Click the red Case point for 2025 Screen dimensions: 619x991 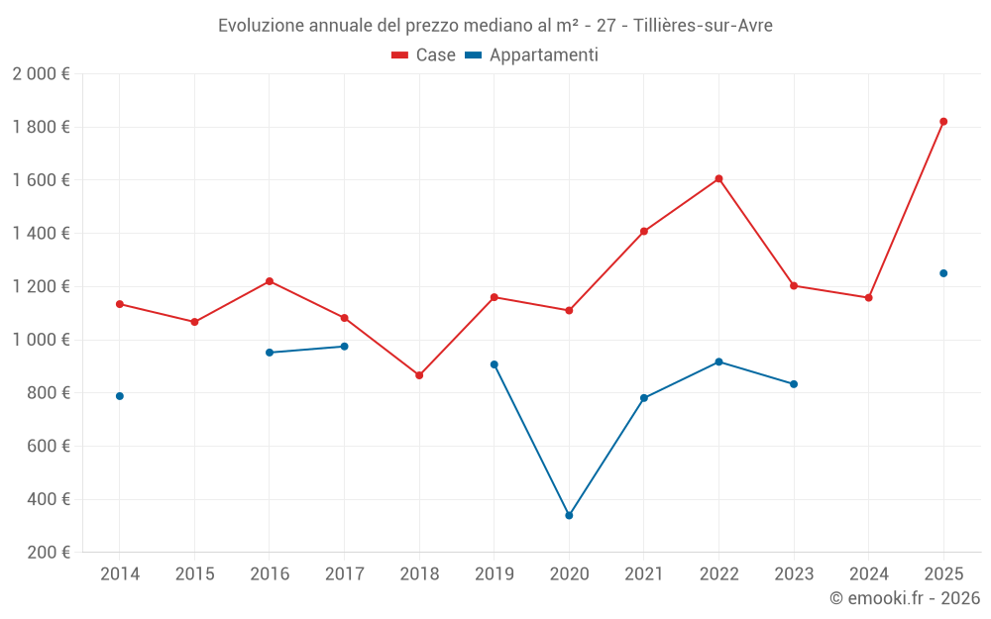point(943,122)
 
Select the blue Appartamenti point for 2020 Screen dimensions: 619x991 point(569,515)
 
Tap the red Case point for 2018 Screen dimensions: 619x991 point(419,375)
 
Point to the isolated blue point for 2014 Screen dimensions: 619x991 point(120,396)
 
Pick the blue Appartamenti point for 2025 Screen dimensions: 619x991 point(943,273)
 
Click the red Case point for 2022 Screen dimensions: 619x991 point(718,179)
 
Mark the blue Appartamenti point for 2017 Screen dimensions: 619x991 point(344,347)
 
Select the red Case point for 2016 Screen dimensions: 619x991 point(270,281)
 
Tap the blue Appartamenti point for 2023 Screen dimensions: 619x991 point(794,384)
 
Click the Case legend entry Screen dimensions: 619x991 point(424,55)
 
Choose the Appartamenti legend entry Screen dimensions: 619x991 point(532,55)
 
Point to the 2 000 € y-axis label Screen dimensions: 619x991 point(41,74)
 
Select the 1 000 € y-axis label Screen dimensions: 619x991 point(41,340)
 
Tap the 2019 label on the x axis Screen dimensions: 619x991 point(494,574)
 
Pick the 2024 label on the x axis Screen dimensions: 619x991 point(868,574)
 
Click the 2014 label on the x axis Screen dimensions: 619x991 point(120,574)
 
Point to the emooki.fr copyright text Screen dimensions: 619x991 point(904,598)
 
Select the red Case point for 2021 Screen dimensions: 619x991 point(644,232)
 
